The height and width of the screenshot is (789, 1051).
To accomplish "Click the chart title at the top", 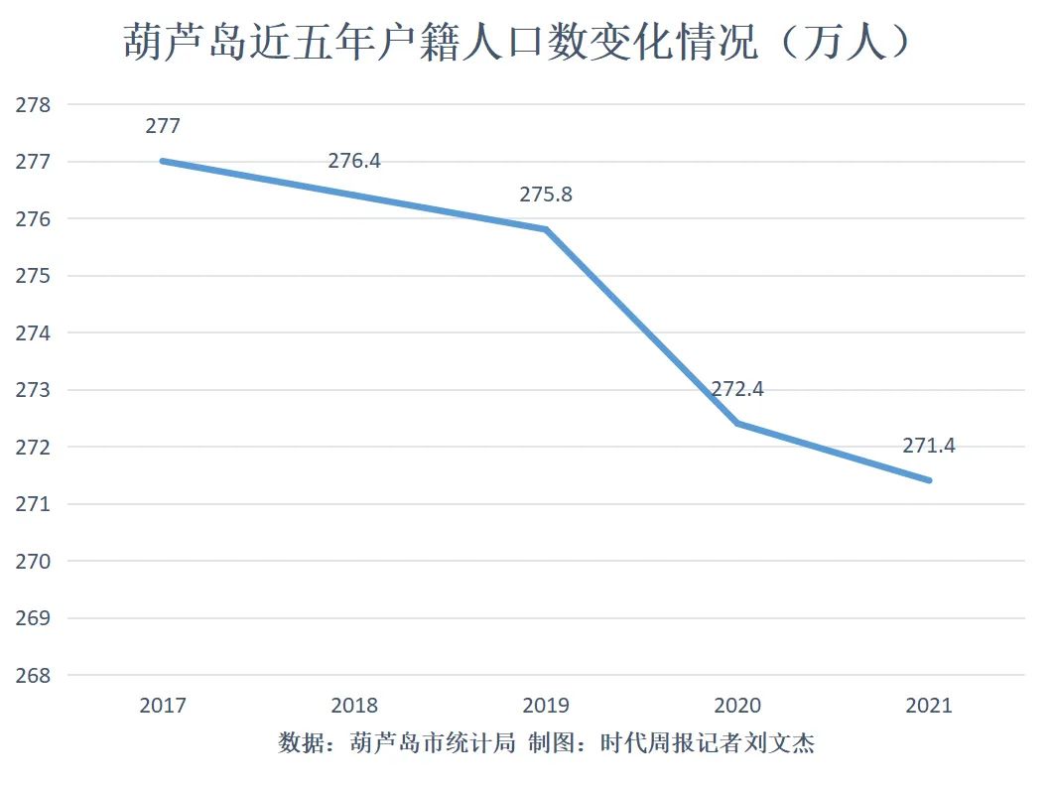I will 517,43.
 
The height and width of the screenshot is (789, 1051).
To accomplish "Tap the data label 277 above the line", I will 163,126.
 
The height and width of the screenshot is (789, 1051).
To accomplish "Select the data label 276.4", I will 354,160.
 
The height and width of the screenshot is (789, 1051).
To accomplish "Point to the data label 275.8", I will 546,195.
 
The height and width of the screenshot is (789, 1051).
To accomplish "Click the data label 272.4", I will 737,389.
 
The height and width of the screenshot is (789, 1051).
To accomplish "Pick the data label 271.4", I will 929,446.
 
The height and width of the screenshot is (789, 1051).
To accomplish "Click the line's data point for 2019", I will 546,229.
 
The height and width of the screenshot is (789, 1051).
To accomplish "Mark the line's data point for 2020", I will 737,424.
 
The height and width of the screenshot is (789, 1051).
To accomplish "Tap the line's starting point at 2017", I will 163,161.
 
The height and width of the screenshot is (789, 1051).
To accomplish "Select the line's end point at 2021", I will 929,480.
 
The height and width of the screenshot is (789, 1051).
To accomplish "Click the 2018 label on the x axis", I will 354,706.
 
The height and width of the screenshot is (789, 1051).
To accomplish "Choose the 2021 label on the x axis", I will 929,706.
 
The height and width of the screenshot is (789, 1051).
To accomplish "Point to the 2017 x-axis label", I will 163,706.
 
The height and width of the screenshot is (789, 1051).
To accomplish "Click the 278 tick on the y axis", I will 33,104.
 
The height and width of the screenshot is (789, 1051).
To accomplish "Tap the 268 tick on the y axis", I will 33,676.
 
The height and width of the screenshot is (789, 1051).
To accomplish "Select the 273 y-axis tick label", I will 33,390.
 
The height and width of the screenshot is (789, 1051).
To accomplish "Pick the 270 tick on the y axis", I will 33,562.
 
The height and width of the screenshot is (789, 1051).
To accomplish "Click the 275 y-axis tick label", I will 33,276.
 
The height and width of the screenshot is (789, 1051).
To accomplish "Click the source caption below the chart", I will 546,743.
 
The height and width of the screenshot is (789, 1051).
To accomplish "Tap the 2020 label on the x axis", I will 737,706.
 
